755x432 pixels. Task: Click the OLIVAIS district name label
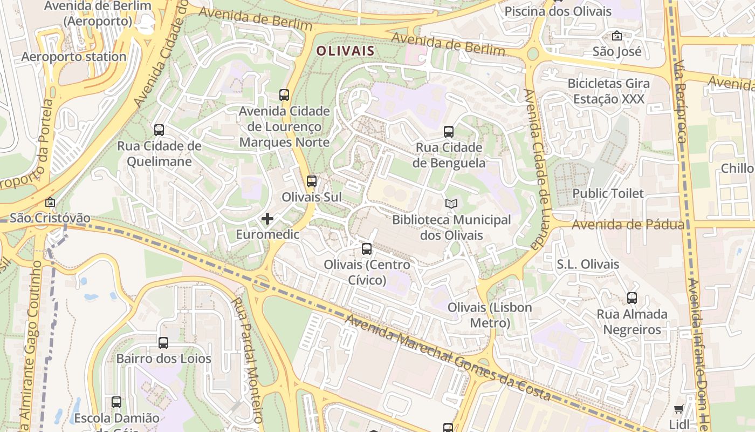[345, 51]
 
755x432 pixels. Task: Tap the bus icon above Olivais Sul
[311, 181]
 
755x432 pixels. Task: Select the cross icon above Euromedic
[267, 219]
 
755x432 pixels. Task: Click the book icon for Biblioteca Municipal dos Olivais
[451, 204]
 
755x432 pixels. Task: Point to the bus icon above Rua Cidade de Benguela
[449, 131]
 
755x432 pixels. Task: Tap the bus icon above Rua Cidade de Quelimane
[159, 130]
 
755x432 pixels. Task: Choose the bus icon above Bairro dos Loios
[163, 342]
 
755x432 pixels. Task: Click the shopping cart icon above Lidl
[679, 409]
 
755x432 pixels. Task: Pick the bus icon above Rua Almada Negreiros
[632, 298]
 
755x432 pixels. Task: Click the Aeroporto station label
[74, 57]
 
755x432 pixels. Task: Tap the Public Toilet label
[608, 193]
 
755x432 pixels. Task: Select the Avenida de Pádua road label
[628, 225]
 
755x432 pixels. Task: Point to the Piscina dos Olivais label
[558, 11]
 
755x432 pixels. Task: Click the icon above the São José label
[616, 36]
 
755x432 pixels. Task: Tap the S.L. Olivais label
[588, 265]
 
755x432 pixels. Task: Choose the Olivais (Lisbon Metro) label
[490, 315]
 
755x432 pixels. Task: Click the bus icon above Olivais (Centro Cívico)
[367, 249]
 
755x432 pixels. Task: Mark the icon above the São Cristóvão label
[50, 202]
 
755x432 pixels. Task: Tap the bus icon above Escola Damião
[116, 402]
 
